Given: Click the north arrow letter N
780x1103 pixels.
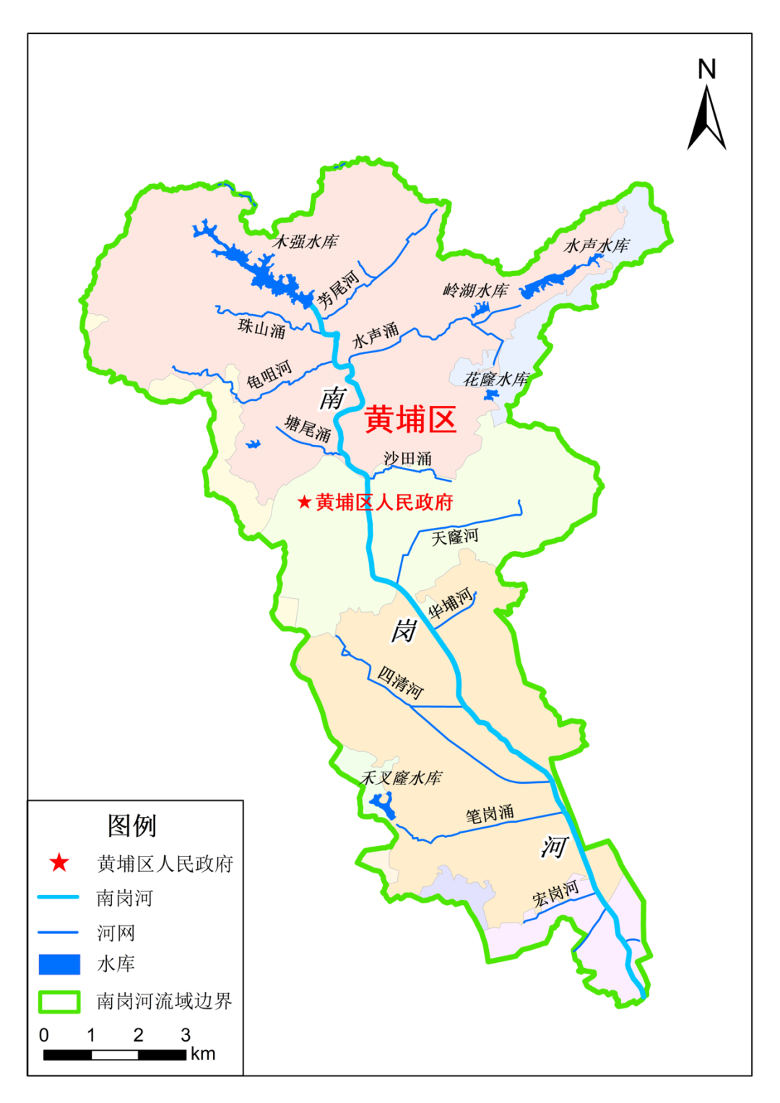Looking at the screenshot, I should (706, 69).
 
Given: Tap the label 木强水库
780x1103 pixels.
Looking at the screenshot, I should (305, 241).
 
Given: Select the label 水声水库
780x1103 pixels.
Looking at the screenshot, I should (597, 246).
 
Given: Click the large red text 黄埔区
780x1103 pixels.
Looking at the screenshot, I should (410, 420).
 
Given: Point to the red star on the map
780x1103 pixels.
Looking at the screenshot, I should (304, 501).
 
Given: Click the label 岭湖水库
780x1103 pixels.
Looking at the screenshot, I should (475, 290).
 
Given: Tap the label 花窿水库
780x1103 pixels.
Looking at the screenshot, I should (495, 379).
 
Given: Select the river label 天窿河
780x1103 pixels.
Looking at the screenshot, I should (455, 537).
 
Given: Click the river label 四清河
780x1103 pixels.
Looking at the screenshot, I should (400, 682).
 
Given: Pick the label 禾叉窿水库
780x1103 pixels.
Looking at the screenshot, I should (401, 778).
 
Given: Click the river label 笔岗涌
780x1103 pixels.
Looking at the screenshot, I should (490, 814).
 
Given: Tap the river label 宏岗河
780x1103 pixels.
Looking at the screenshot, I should (555, 894).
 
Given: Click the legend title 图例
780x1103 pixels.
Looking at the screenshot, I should (131, 825).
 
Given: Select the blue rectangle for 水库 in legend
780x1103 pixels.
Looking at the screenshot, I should (59, 964).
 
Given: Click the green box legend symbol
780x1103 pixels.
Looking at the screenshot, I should (59, 1001).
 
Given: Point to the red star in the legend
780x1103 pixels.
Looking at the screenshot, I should (59, 862).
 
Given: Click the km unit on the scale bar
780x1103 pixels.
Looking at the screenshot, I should (203, 1054).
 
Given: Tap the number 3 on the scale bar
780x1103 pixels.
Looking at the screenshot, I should (186, 1035).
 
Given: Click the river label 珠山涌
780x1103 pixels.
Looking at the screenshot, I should (261, 329).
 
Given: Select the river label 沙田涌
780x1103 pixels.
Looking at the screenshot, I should (407, 459).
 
